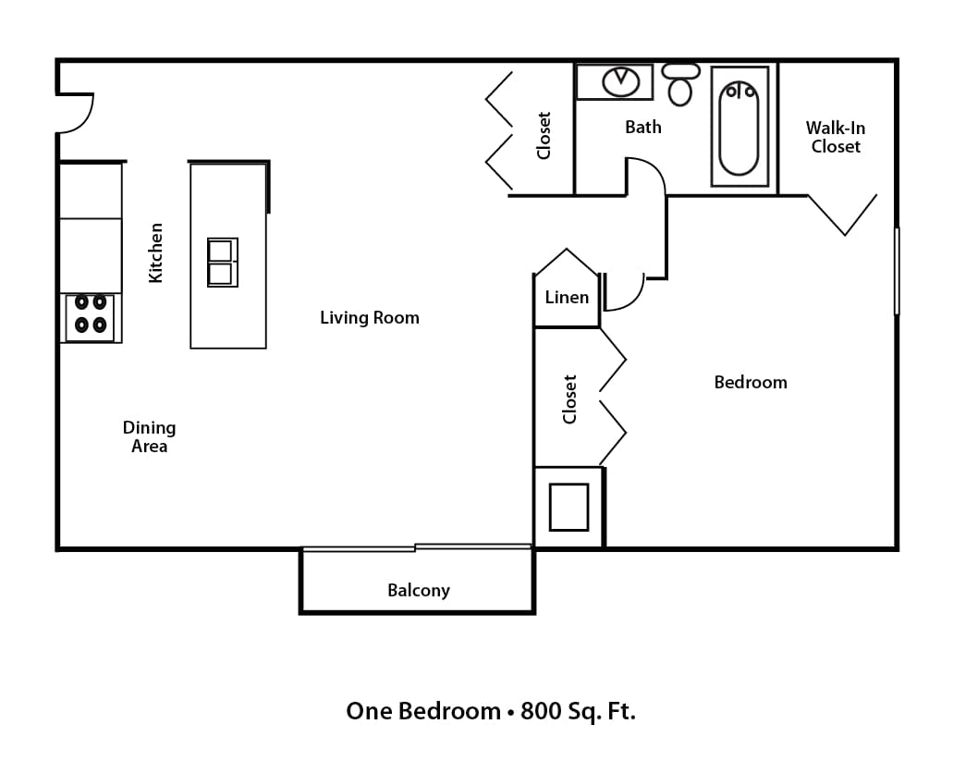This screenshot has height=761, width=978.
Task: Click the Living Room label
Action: [370, 317]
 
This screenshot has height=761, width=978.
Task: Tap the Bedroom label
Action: [751, 382]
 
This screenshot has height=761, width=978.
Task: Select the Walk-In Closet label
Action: [836, 137]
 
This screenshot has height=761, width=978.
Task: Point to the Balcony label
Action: [418, 590]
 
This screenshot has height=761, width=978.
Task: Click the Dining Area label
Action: [149, 436]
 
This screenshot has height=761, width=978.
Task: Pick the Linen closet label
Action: [567, 297]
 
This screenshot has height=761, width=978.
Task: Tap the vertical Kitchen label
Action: [156, 252]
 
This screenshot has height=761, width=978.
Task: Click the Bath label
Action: [643, 127]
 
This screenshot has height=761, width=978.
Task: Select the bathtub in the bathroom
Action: [739, 127]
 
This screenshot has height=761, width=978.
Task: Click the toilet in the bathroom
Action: [680, 85]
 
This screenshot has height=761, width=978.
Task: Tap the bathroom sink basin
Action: [621, 81]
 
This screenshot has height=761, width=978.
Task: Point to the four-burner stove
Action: [90, 313]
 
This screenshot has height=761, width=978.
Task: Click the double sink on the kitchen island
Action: [222, 263]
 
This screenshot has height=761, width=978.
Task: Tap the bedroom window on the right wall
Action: [896, 271]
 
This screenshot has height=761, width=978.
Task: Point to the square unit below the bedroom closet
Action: [568, 507]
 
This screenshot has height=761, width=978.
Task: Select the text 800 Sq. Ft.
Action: [579, 711]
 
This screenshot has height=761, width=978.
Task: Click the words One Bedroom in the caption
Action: [422, 711]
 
